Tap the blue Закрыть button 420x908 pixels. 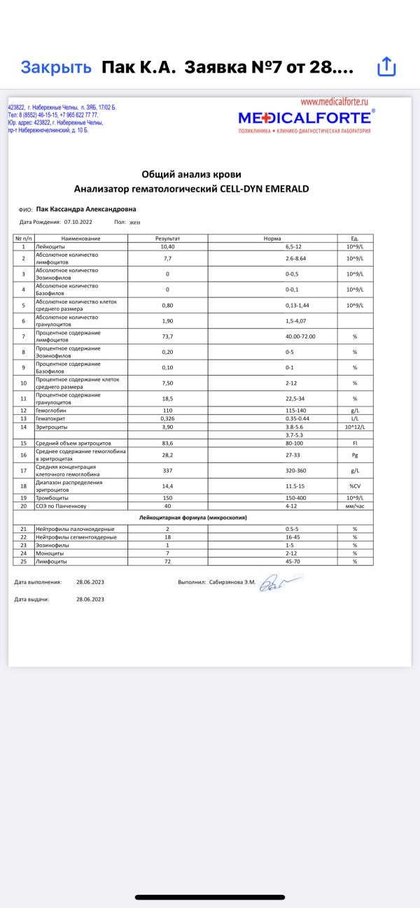point(56,67)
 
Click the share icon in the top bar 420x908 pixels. point(387,67)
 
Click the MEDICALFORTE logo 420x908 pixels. point(304,117)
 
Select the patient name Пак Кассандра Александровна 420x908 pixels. point(86,208)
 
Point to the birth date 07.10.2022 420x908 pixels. point(78,221)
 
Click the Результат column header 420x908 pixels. point(167,239)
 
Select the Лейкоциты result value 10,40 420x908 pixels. point(167,246)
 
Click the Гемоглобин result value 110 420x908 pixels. point(167,411)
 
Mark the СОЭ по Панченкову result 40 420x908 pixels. point(167,505)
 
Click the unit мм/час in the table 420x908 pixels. point(355,505)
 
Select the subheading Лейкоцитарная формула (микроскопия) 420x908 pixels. point(192,517)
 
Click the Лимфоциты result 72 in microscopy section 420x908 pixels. point(167,561)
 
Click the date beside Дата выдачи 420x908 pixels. point(90,599)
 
